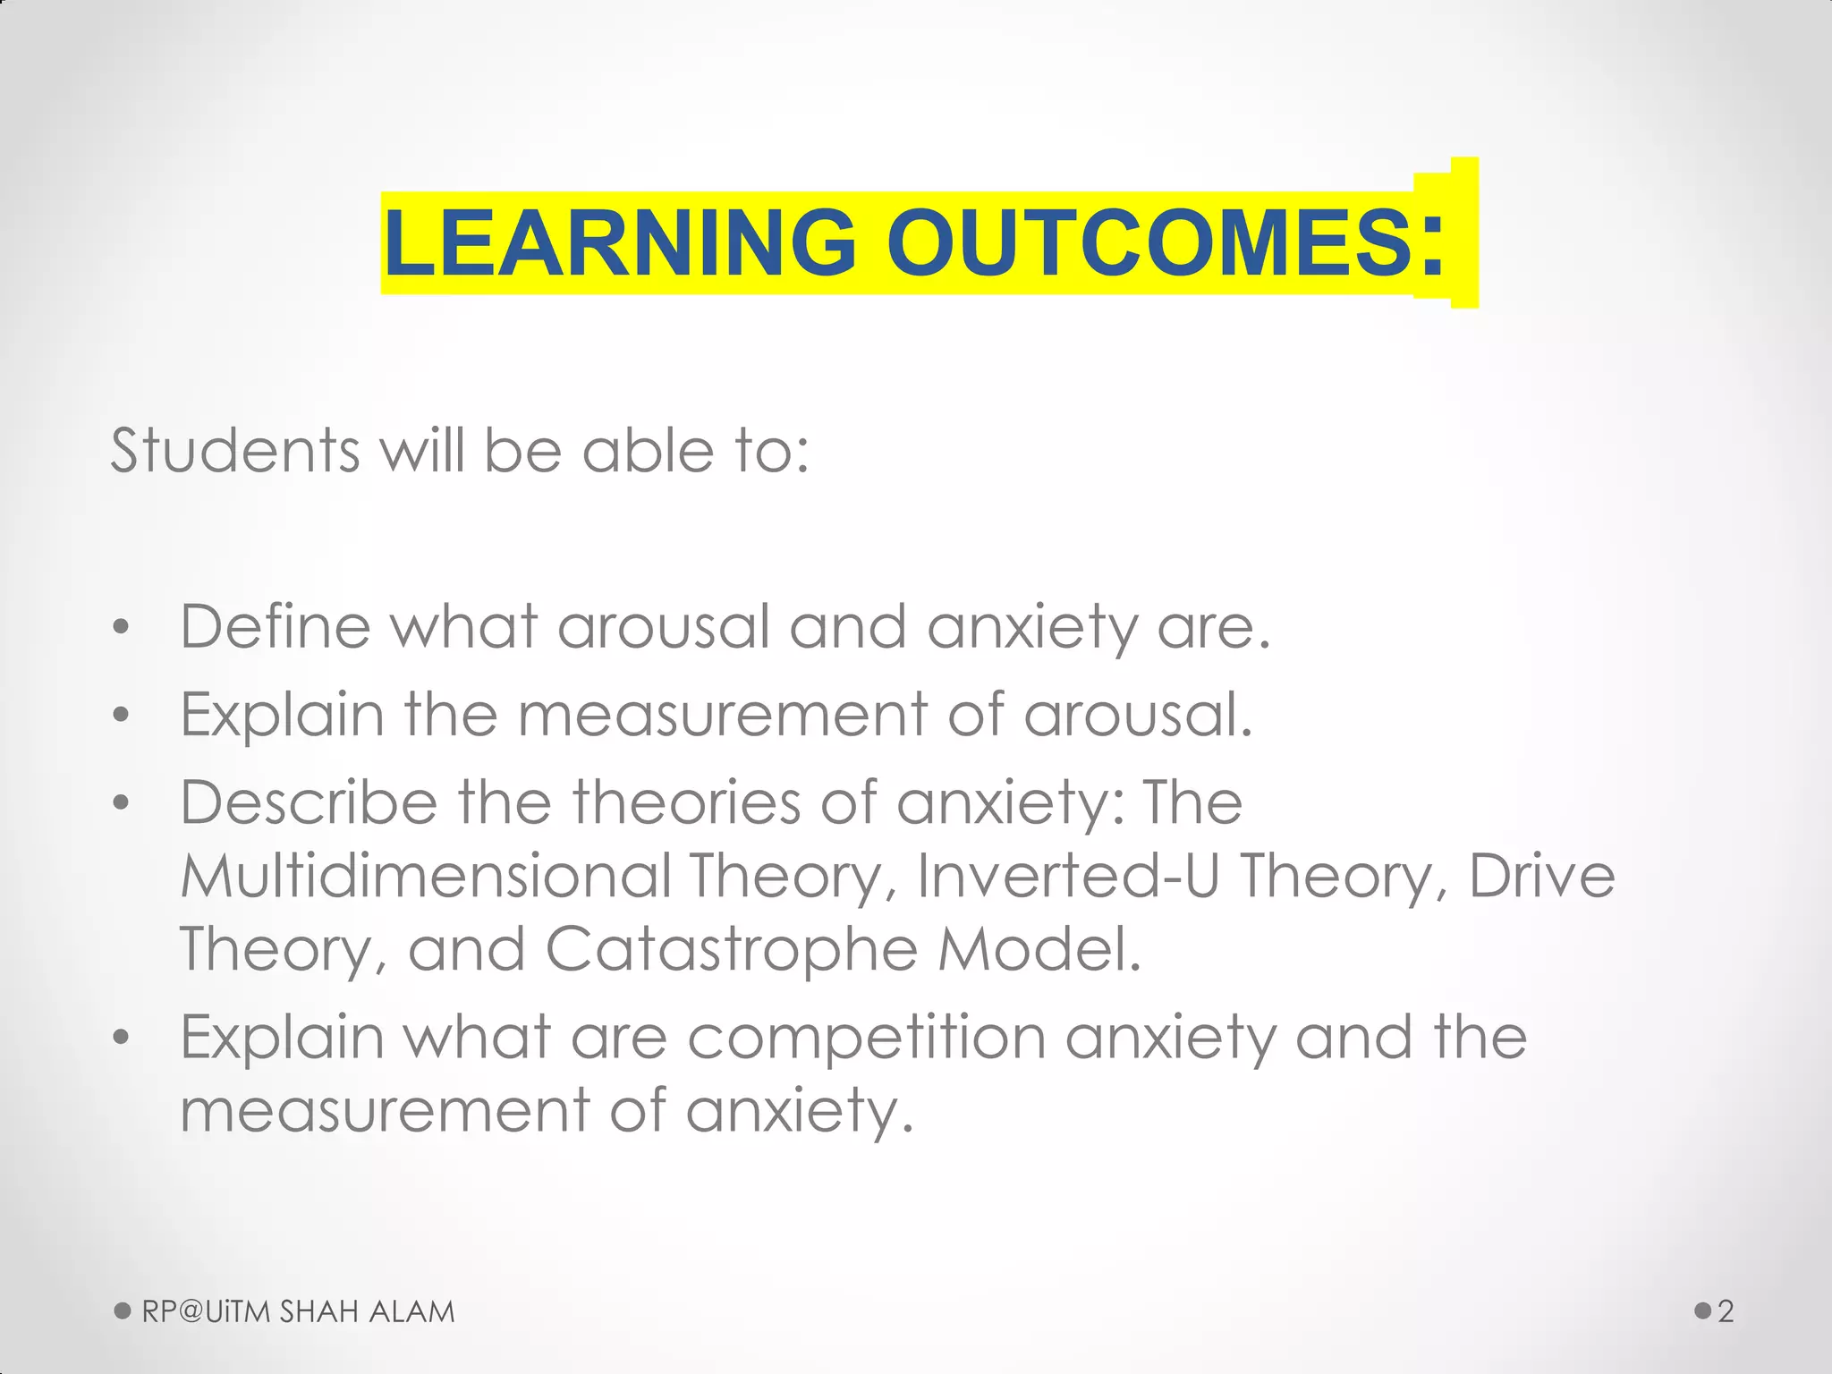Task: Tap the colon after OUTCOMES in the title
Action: [x=1432, y=243]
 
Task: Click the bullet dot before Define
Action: [x=122, y=627]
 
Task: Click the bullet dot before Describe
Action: [x=122, y=802]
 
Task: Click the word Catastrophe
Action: [x=731, y=948]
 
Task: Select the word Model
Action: [x=1039, y=948]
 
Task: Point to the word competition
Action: [x=866, y=1038]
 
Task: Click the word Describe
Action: [x=309, y=801]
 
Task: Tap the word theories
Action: [x=686, y=801]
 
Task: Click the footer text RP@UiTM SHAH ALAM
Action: [x=298, y=1311]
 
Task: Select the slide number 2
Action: [x=1726, y=1311]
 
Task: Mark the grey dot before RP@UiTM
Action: [x=123, y=1311]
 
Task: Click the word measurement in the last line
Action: [x=384, y=1110]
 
